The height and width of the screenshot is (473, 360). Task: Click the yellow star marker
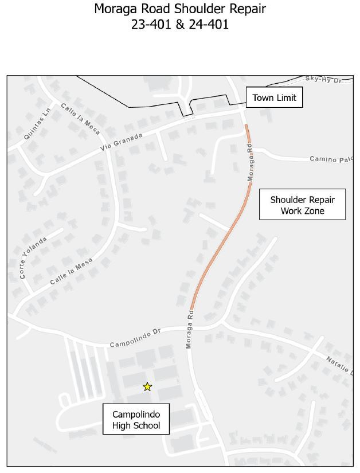click(x=147, y=386)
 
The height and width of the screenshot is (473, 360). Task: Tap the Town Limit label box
click(x=274, y=97)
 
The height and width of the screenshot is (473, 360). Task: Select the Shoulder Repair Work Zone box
click(x=302, y=205)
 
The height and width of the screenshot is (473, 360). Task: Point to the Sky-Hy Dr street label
click(x=323, y=79)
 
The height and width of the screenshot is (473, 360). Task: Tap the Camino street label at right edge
click(x=331, y=159)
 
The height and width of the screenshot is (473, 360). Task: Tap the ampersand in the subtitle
click(x=179, y=25)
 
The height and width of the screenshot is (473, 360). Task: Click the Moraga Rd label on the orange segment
click(x=251, y=163)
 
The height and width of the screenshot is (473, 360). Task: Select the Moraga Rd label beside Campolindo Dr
click(x=189, y=330)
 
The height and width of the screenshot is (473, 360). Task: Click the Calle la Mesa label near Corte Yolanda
click(x=71, y=272)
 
